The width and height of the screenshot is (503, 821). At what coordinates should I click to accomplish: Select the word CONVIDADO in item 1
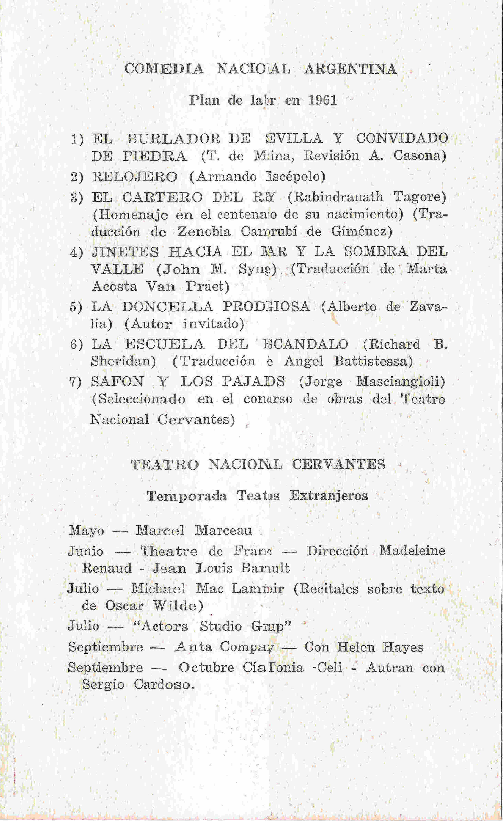point(402,138)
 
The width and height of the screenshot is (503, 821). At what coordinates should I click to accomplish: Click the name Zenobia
point(204,232)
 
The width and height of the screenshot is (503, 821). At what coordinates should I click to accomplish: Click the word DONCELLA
point(167,307)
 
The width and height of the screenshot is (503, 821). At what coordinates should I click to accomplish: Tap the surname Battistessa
point(373,361)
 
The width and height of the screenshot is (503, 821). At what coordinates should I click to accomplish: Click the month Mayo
point(86,531)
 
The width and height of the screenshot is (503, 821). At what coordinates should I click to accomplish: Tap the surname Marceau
point(223,531)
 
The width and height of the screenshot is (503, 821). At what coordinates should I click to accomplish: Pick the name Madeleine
point(412,550)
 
